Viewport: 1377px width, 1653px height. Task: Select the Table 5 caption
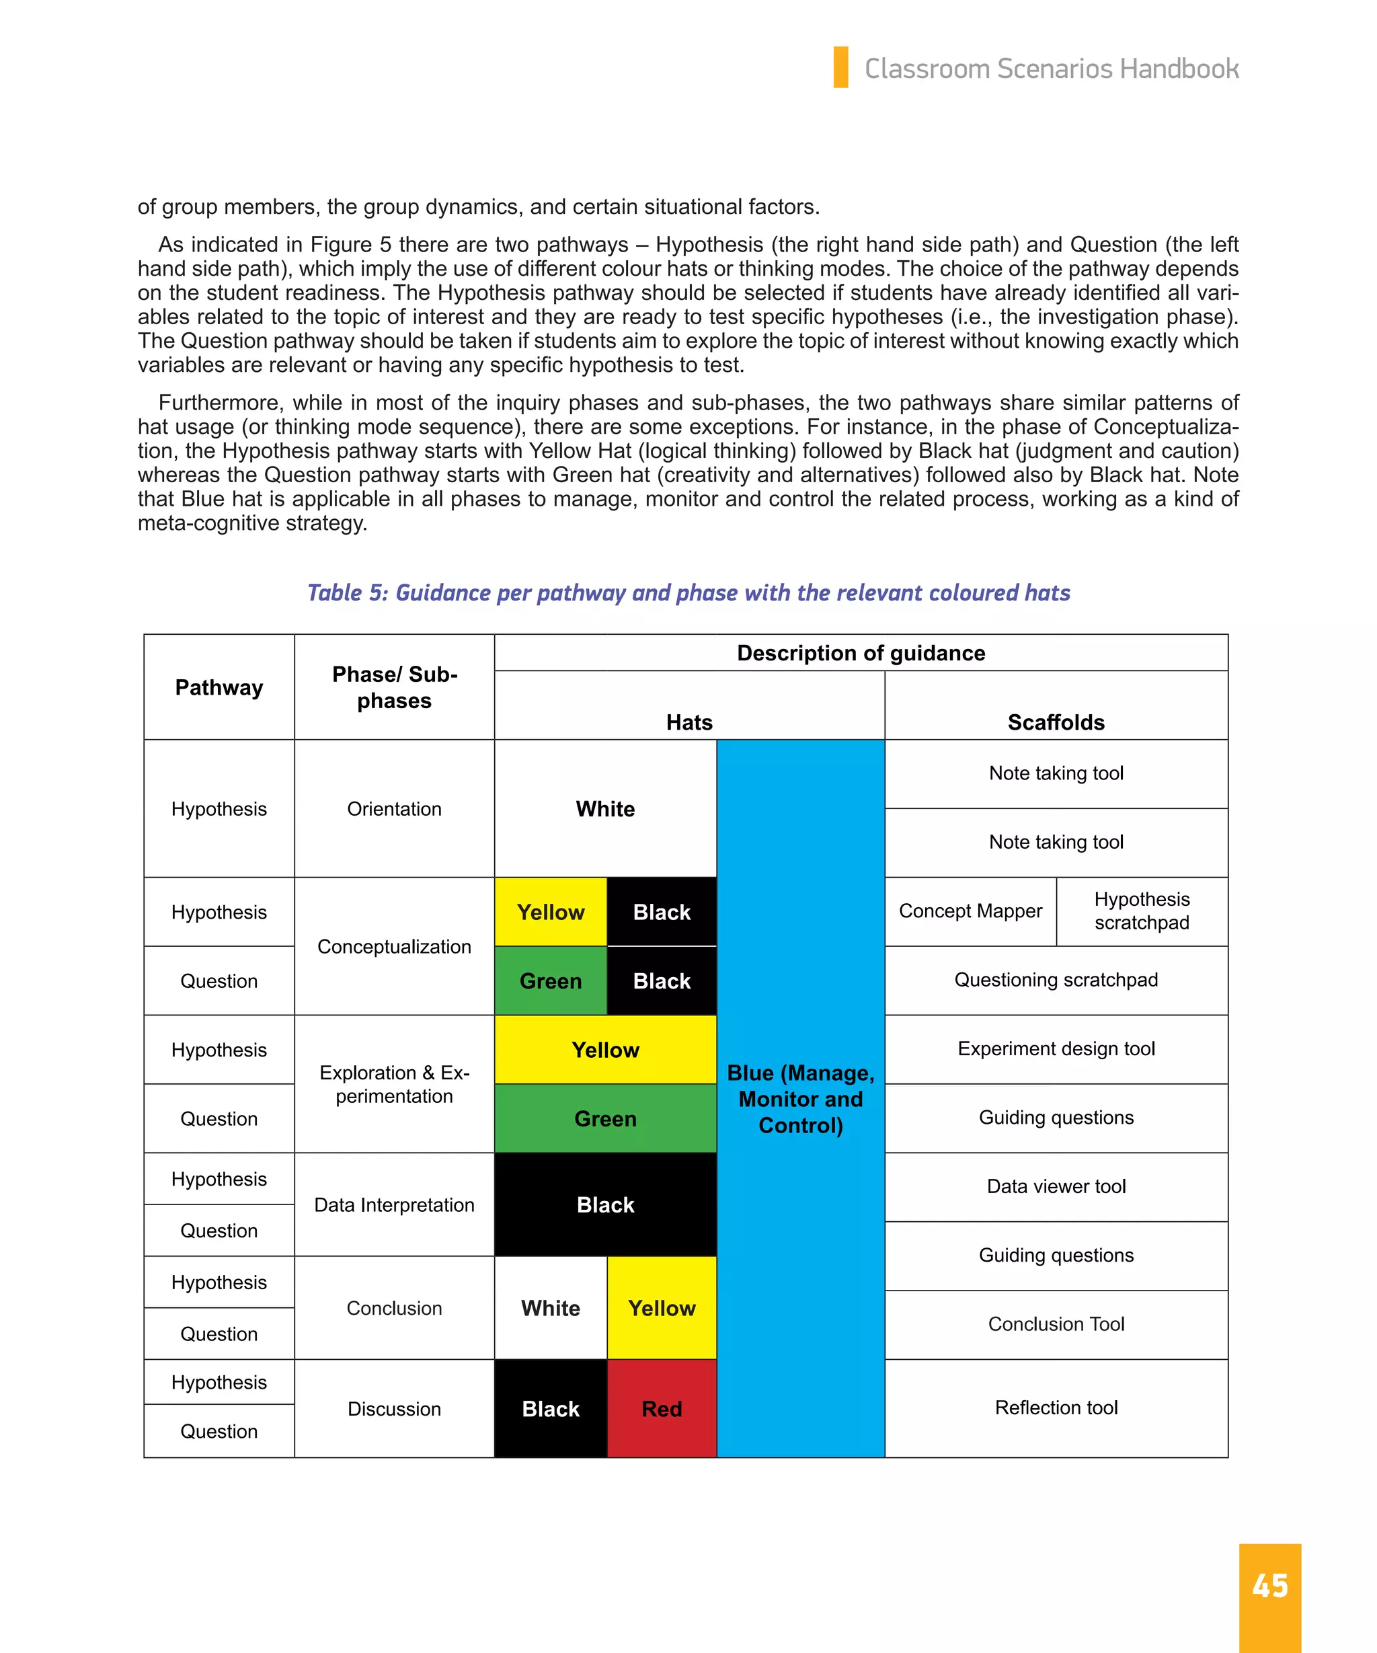[688, 592]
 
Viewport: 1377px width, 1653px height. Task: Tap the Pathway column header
[219, 687]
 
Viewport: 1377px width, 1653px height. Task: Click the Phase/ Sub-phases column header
[394, 687]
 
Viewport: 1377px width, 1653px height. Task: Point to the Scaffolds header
[1056, 722]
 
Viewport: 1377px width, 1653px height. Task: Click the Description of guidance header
[861, 652]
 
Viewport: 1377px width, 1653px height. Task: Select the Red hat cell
[662, 1408]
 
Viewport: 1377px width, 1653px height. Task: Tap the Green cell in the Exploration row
[605, 1118]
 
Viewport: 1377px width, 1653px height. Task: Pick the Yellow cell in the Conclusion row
[662, 1307]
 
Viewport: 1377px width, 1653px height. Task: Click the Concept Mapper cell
[970, 911]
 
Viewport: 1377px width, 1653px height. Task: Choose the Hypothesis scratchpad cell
[1142, 911]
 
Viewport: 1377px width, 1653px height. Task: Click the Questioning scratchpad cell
[1056, 979]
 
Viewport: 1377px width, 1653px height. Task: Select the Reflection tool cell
[1056, 1408]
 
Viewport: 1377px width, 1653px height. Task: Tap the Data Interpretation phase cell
[394, 1204]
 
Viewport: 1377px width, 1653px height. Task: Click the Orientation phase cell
[394, 808]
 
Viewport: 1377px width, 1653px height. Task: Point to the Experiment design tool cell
[1056, 1048]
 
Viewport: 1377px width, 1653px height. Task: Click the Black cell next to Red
[551, 1408]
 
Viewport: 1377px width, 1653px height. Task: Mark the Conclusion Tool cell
[1056, 1324]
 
